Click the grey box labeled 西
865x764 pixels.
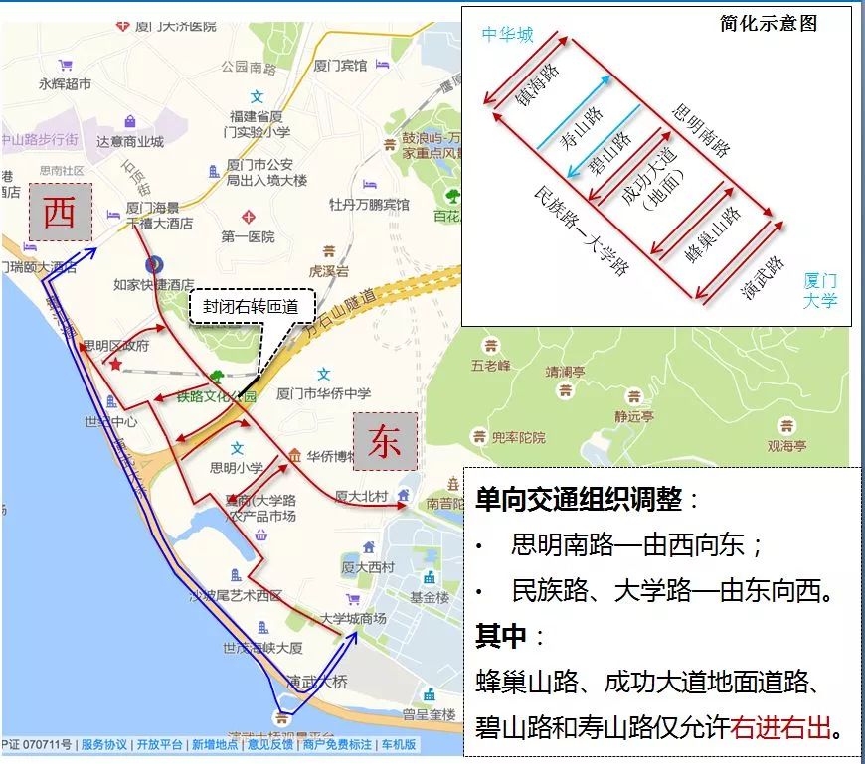coord(60,212)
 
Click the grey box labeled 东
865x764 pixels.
coord(385,441)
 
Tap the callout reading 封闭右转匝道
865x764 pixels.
coord(251,308)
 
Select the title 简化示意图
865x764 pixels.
coord(769,24)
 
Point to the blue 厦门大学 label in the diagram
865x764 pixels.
coord(820,290)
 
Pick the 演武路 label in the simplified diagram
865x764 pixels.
coord(763,278)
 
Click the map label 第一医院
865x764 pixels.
coord(248,237)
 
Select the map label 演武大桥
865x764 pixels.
coord(316,683)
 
